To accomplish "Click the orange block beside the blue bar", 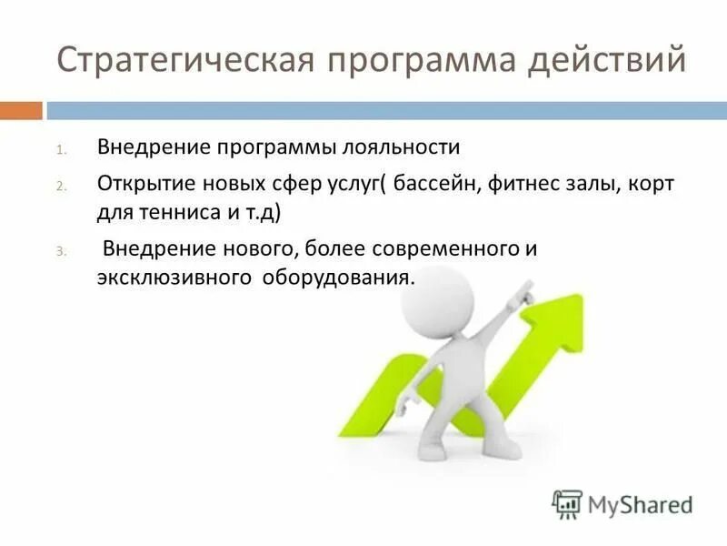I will pos(21,111).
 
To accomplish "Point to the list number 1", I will pos(60,149).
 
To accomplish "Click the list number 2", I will pos(60,186).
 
